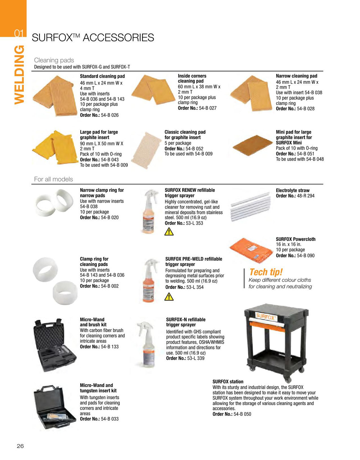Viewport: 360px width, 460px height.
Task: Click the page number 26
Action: tap(20, 446)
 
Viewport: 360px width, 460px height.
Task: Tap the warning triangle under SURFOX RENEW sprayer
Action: tap(169, 232)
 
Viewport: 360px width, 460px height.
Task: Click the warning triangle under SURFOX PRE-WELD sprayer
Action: tap(169, 296)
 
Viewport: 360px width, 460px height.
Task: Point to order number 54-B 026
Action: tap(106, 115)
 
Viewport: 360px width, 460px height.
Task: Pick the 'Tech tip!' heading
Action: tap(266, 272)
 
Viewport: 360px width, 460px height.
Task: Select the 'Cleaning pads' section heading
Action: tap(54, 60)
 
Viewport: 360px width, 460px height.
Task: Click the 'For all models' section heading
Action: tap(53, 179)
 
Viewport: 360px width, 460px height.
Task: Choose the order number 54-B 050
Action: tap(242, 414)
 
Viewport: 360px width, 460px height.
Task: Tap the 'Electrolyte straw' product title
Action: tap(292, 190)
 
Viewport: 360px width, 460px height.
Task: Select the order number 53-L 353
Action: tap(194, 223)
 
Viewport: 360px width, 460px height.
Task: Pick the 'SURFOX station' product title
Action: tap(228, 382)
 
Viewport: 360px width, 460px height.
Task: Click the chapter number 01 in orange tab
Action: tap(19, 33)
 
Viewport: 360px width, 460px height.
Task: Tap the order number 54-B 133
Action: tap(110, 346)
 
